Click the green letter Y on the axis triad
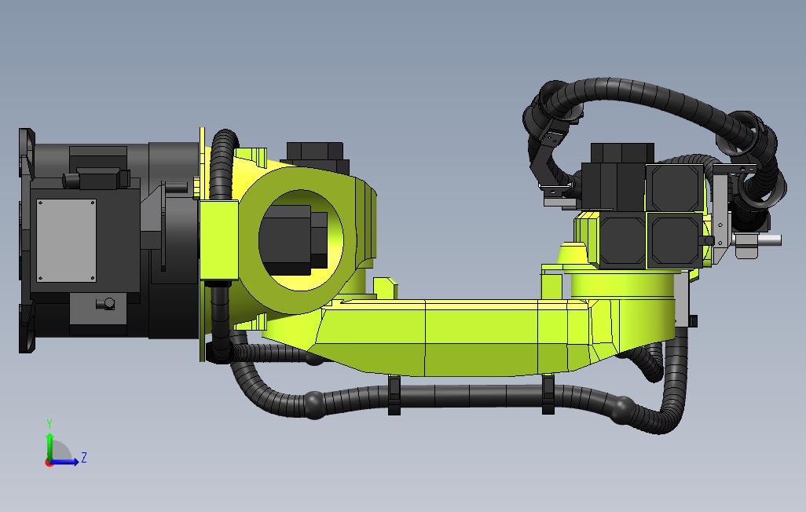pyautogui.click(x=49, y=424)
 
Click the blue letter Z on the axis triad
pyautogui.click(x=84, y=457)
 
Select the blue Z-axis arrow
pyautogui.click(x=64, y=462)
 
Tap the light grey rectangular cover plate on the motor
pyautogui.click(x=66, y=240)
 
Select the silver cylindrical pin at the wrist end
pyautogui.click(x=765, y=240)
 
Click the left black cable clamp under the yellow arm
pyautogui.click(x=394, y=395)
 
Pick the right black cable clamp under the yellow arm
pyautogui.click(x=548, y=394)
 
